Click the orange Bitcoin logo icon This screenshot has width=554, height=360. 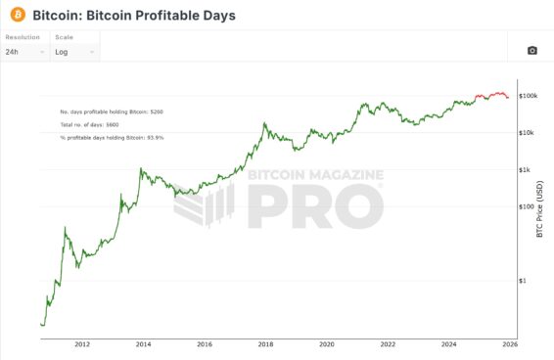pyautogui.click(x=17, y=16)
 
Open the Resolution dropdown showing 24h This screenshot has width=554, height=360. pyautogui.click(x=25, y=51)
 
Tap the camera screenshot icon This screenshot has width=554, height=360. pyautogui.click(x=531, y=50)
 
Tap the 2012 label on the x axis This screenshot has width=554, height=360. pyautogui.click(x=82, y=344)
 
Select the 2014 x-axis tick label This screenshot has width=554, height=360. pyautogui.click(x=143, y=344)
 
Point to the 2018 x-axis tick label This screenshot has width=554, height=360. pyautogui.click(x=265, y=344)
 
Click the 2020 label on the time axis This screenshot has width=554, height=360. pyautogui.click(x=327, y=344)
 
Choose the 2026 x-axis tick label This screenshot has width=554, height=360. pyautogui.click(x=509, y=344)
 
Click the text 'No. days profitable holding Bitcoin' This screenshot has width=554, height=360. pyautogui.click(x=111, y=112)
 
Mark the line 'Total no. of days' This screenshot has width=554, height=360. pyautogui.click(x=89, y=125)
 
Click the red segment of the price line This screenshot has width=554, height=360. pyautogui.click(x=492, y=95)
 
